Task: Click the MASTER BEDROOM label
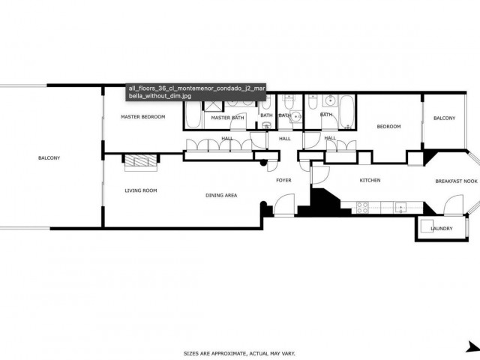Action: (143, 117)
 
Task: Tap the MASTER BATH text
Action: (227, 118)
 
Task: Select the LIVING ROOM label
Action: (140, 190)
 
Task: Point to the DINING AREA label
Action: (221, 195)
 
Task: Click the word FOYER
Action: (283, 180)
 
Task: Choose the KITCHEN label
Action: (370, 181)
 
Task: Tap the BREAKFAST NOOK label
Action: (456, 181)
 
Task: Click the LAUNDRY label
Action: (442, 240)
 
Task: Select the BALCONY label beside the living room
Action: (49, 157)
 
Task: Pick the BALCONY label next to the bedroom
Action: (444, 118)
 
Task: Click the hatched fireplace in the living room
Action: (140, 161)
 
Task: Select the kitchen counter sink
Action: (401, 206)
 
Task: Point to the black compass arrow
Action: (472, 346)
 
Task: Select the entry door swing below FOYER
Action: (283, 205)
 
